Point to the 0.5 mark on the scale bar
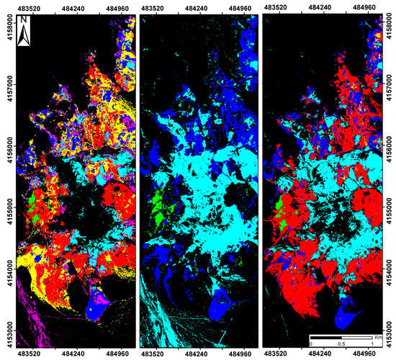pos(341,344)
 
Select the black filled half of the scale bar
pos(326,337)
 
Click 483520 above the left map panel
pos(30,5)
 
